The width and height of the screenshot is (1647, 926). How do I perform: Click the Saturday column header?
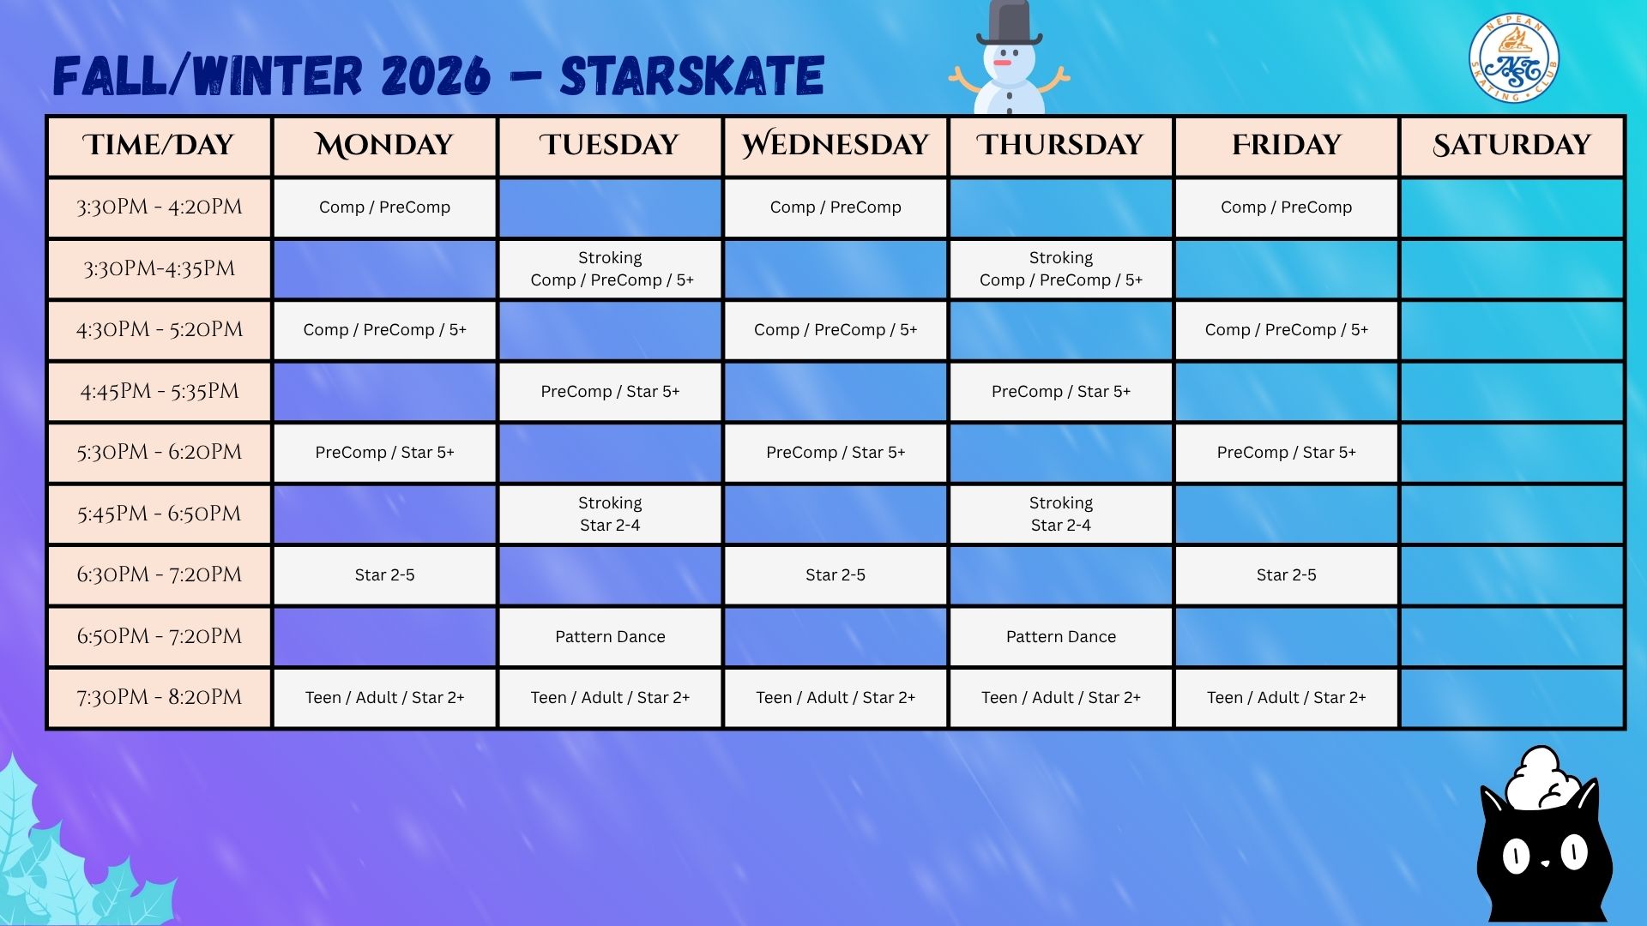coord(1511,146)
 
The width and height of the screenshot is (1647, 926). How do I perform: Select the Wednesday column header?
coord(836,146)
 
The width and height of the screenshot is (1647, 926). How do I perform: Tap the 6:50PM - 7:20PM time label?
coord(160,636)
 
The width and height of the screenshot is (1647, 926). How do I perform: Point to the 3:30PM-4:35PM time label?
coord(160,268)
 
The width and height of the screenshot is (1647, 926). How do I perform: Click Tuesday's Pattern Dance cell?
coord(610,636)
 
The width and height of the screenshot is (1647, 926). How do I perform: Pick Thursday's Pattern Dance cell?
coord(1061,636)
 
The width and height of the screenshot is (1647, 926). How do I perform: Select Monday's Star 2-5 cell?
coord(384,574)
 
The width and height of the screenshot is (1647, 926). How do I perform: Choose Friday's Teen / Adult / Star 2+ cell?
coord(1286,698)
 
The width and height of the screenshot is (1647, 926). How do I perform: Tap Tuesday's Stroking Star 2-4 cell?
coord(610,514)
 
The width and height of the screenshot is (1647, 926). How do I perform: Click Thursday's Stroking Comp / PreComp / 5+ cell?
coord(1061,268)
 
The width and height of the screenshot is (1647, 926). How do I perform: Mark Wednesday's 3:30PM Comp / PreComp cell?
coord(836,207)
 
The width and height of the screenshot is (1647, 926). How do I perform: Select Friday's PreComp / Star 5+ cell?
coord(1286,452)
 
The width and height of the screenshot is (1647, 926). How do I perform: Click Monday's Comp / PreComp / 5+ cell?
coord(384,329)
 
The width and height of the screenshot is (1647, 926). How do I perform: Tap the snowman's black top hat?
coord(1009,23)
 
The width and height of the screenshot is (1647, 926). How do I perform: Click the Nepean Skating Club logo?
coord(1513,58)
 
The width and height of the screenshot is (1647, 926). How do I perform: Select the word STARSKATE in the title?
coord(692,75)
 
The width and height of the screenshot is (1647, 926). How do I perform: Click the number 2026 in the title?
coord(436,75)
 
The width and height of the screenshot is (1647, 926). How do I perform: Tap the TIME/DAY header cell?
coord(160,146)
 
